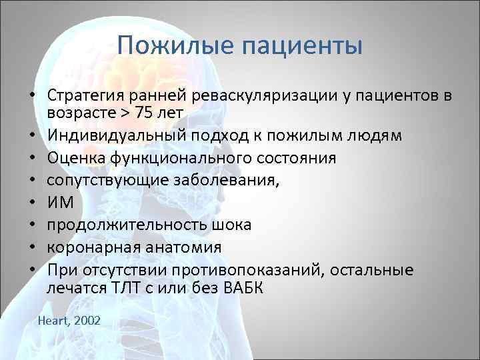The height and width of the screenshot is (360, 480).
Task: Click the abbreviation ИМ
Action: pyautogui.click(x=59, y=203)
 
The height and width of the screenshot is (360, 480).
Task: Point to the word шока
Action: pyautogui.click(x=231, y=225)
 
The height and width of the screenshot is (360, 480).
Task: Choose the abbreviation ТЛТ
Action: pyautogui.click(x=124, y=288)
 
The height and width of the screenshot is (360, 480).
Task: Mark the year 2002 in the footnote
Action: pyautogui.click(x=88, y=321)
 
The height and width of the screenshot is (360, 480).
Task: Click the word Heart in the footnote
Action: pyautogui.click(x=55, y=321)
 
